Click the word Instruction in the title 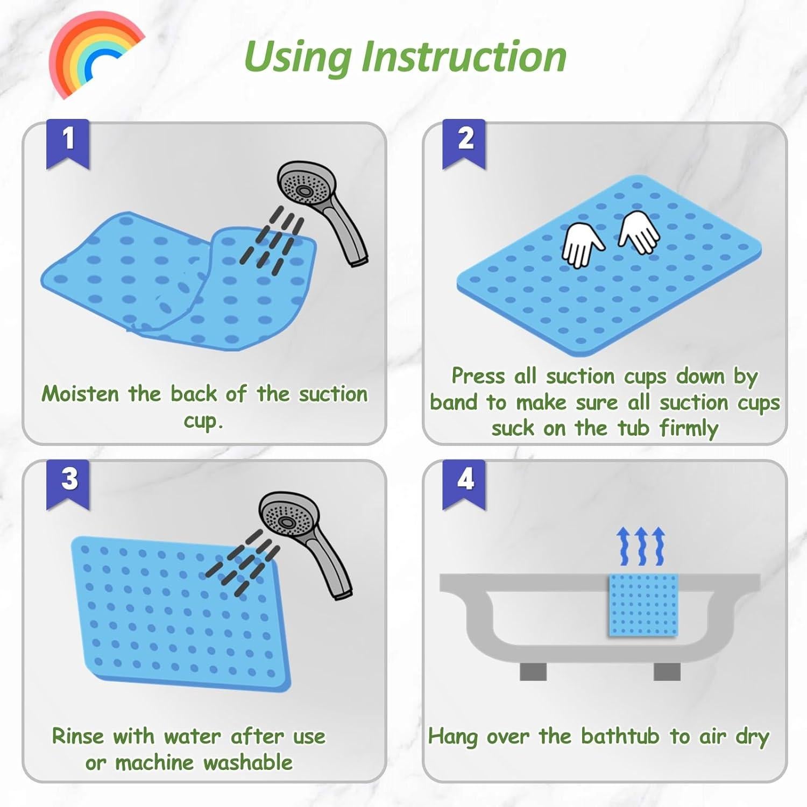(464, 56)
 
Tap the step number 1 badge (68, 143)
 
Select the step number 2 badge (464, 143)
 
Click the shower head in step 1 (322, 210)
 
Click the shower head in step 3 (305, 541)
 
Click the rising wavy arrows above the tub (641, 546)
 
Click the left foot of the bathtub (533, 671)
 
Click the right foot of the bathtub (667, 671)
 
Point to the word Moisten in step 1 (80, 394)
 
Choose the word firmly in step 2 (689, 429)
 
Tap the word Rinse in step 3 (77, 736)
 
